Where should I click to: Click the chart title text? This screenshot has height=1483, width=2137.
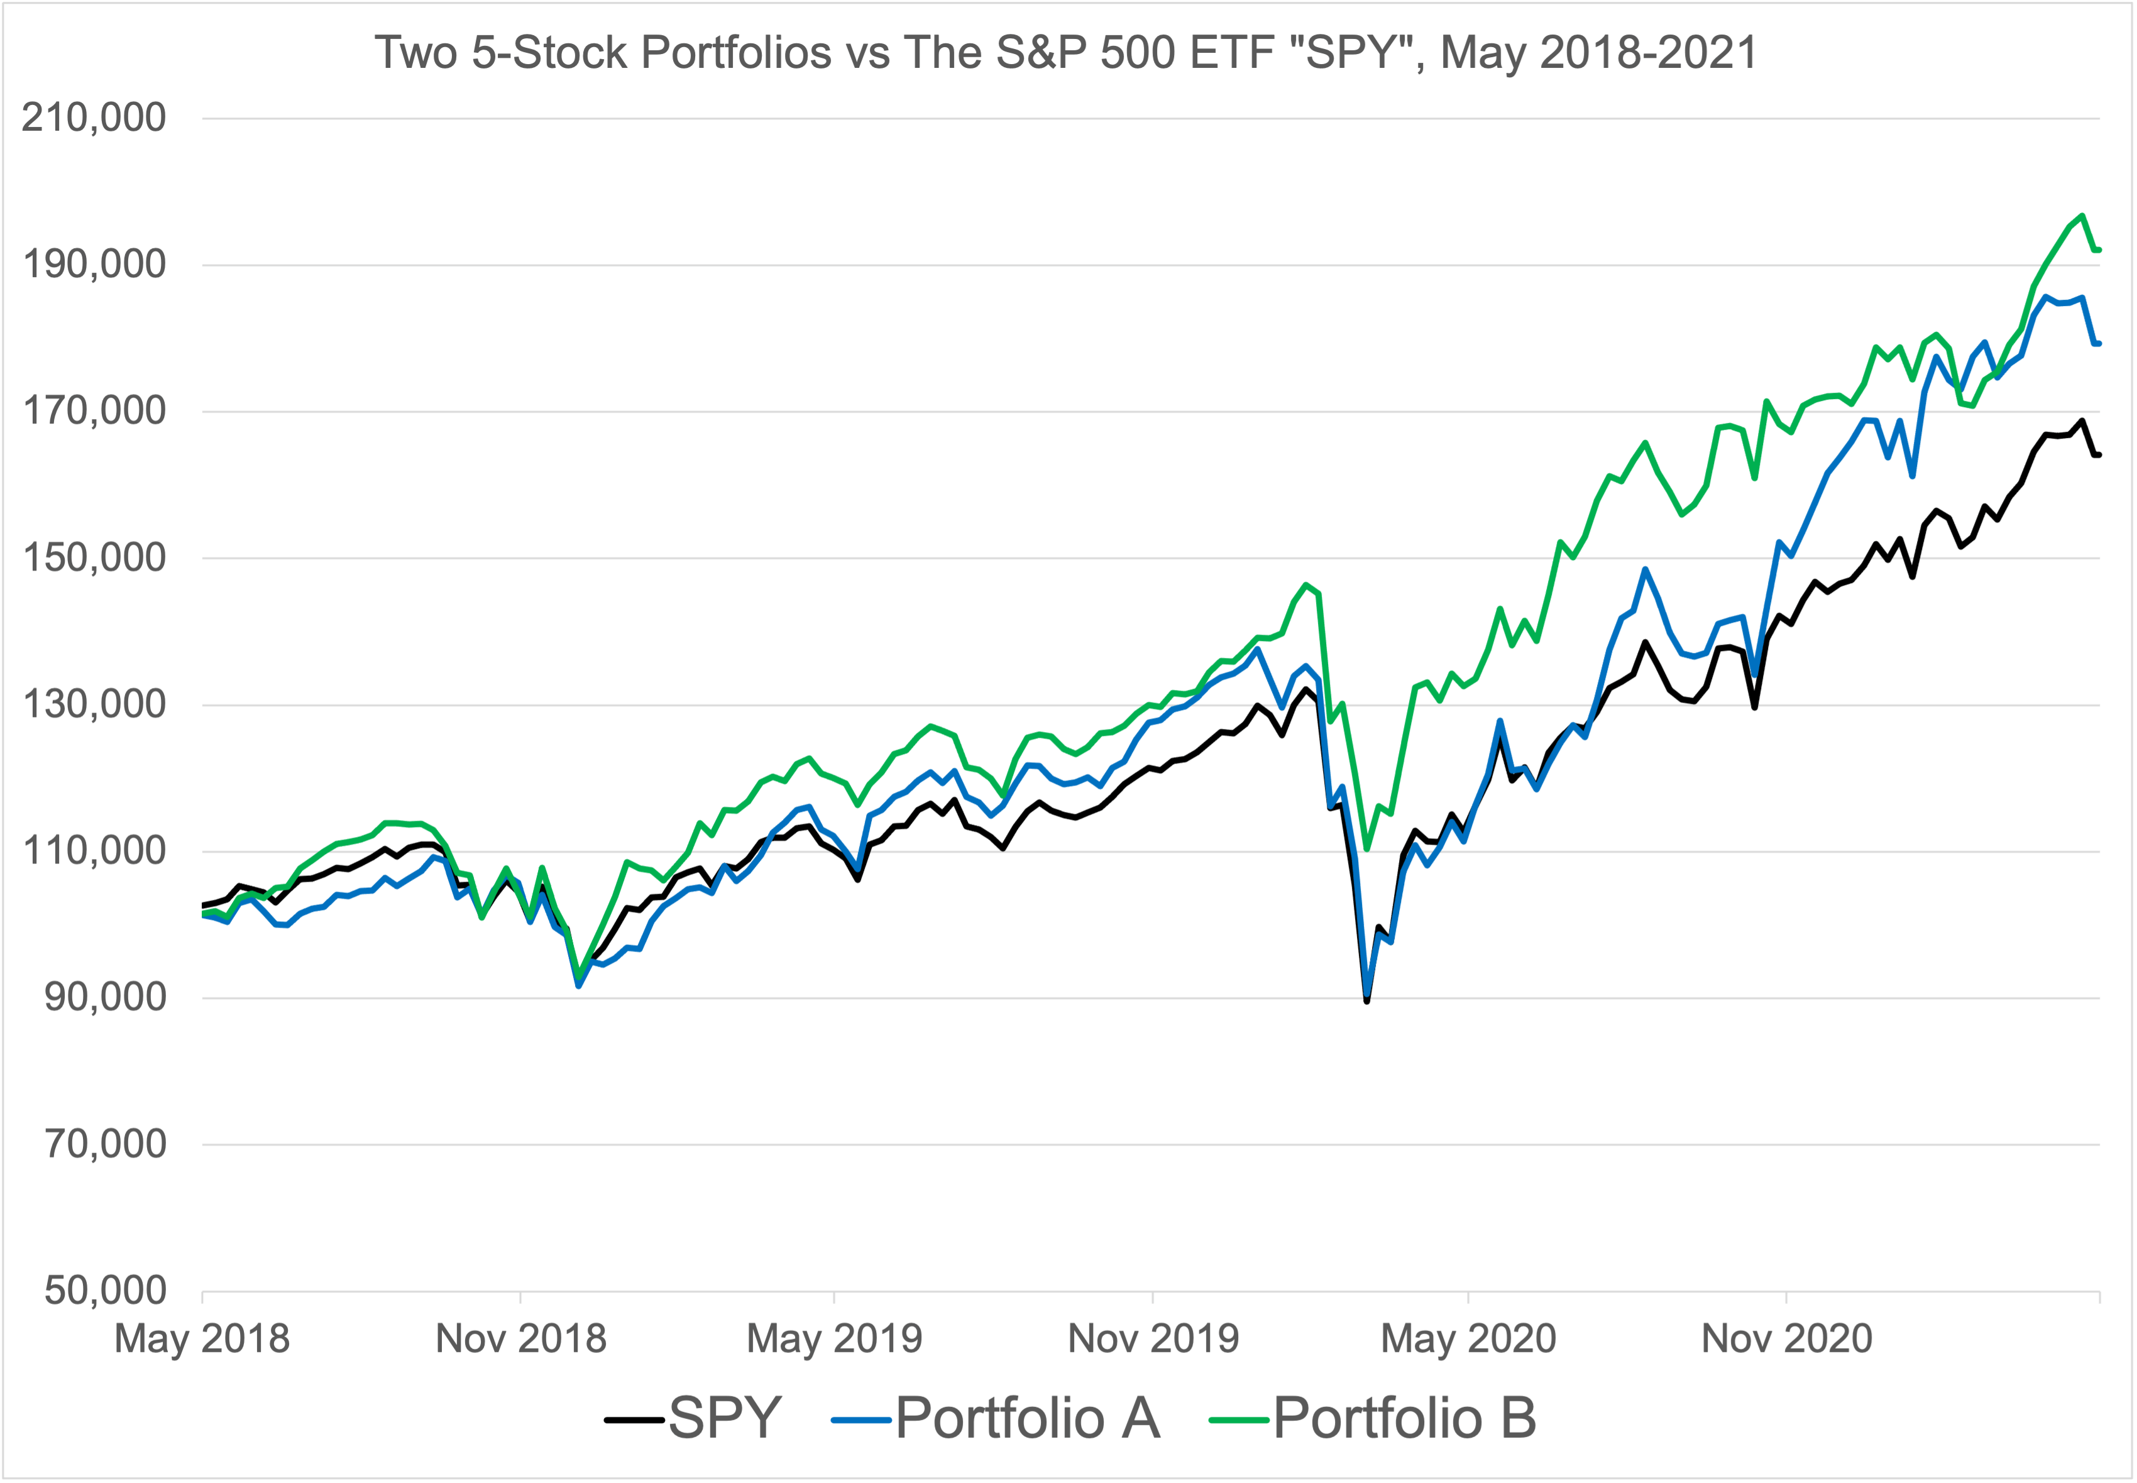click(1066, 52)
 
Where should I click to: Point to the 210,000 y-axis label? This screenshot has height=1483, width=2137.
click(94, 118)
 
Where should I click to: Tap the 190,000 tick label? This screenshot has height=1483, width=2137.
click(94, 265)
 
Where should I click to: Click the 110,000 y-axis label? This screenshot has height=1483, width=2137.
click(94, 850)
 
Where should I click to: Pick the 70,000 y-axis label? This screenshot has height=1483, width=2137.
click(105, 1144)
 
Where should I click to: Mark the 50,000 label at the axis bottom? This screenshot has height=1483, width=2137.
click(105, 1291)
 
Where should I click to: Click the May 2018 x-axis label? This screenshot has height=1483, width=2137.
click(202, 1339)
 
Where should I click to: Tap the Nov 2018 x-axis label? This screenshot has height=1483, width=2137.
click(520, 1339)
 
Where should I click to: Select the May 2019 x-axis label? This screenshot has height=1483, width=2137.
click(834, 1339)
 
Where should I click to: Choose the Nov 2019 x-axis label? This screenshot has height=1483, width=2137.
click(1153, 1339)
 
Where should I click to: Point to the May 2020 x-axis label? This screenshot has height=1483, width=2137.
click(1468, 1339)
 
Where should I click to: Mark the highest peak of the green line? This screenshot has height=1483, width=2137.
click(2082, 216)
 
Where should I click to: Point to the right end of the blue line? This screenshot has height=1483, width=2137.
click(2098, 344)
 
